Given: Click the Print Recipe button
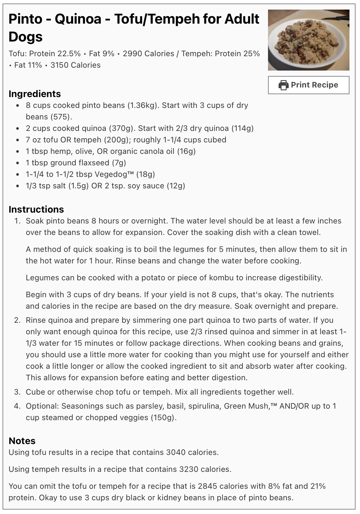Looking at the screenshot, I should (x=308, y=85).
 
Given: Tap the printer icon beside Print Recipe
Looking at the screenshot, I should (x=283, y=85).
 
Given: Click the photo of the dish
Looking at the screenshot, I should (x=308, y=40).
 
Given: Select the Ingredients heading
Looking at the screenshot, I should (x=34, y=94).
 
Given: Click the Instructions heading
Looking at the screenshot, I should (x=36, y=209).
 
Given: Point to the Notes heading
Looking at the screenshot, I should (x=22, y=441).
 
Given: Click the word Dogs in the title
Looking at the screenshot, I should (x=26, y=37).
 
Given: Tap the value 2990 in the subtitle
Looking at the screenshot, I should (x=133, y=54).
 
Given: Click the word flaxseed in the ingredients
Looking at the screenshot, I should (x=95, y=163).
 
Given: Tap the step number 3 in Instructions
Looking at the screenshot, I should (x=17, y=392).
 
